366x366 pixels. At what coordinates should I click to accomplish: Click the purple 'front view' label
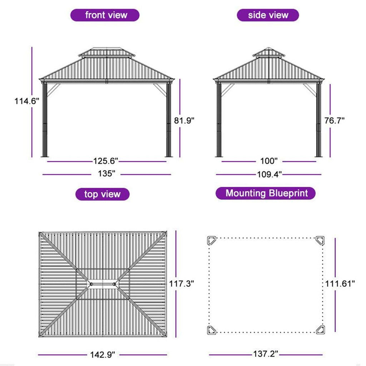click(x=105, y=15)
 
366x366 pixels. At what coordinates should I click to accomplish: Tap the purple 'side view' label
click(x=268, y=15)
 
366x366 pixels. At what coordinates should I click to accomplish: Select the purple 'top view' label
click(x=103, y=194)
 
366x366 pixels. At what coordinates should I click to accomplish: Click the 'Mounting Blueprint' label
click(x=266, y=193)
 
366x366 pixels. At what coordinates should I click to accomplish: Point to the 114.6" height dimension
click(x=26, y=101)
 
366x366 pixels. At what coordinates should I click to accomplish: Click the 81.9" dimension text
click(x=184, y=120)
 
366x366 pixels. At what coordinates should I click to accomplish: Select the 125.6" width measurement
click(x=106, y=161)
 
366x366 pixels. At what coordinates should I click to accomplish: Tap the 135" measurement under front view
click(x=107, y=174)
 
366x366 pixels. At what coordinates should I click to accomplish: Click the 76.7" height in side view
click(x=334, y=120)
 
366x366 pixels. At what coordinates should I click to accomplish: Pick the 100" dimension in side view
click(x=269, y=161)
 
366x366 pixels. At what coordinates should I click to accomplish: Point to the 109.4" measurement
click(x=269, y=174)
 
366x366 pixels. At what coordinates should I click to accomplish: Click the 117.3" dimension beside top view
click(x=181, y=284)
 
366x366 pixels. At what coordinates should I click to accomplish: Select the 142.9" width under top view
click(x=103, y=355)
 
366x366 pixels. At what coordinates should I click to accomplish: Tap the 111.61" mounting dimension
click(x=340, y=284)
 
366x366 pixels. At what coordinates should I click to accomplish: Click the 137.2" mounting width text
click(x=266, y=354)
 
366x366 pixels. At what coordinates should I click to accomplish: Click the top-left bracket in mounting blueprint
click(x=212, y=241)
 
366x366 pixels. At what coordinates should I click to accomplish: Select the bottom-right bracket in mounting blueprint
click(x=320, y=330)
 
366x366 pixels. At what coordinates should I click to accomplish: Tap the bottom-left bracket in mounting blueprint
click(x=212, y=330)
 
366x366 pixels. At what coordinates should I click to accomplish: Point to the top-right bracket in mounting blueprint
click(x=320, y=241)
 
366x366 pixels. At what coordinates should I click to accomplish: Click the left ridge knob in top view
click(x=91, y=284)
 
